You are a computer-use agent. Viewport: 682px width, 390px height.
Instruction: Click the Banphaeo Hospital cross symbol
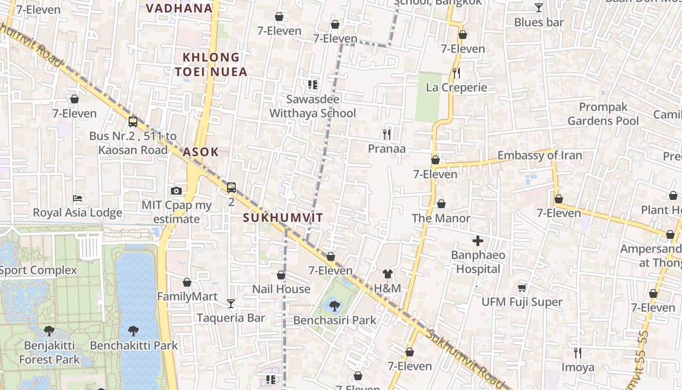tap(478, 240)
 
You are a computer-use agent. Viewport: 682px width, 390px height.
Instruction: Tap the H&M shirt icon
tap(388, 274)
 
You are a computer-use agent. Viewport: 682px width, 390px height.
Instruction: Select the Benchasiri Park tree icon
tap(334, 306)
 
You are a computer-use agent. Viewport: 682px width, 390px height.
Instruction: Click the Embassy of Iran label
tap(539, 156)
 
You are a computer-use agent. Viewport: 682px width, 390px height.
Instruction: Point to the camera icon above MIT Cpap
tap(176, 191)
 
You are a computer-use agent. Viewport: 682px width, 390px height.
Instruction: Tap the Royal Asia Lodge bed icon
tap(77, 198)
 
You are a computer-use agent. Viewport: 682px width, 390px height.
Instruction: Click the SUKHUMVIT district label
tap(283, 218)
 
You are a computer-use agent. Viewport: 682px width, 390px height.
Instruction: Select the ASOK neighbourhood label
tap(201, 152)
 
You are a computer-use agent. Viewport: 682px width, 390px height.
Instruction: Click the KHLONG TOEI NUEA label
tap(211, 65)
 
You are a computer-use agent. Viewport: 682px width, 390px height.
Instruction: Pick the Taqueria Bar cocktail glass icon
tap(231, 304)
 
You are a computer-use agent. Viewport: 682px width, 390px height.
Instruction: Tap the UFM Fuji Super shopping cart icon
tap(522, 288)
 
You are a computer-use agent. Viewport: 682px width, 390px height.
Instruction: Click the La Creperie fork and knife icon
tap(456, 73)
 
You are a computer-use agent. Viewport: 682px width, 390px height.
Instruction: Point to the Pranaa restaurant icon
tap(387, 134)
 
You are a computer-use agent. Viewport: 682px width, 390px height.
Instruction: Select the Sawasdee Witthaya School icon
tap(313, 85)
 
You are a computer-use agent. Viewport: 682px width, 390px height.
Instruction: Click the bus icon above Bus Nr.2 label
tap(133, 122)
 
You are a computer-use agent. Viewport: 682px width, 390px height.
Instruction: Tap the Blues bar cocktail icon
tap(539, 8)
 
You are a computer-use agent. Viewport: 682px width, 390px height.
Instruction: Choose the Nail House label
tap(281, 289)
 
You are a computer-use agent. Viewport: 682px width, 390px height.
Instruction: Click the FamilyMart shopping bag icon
tap(187, 282)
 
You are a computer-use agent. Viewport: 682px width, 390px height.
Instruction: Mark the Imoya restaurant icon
tap(578, 352)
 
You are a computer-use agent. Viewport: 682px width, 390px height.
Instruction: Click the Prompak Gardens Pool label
tap(603, 114)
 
